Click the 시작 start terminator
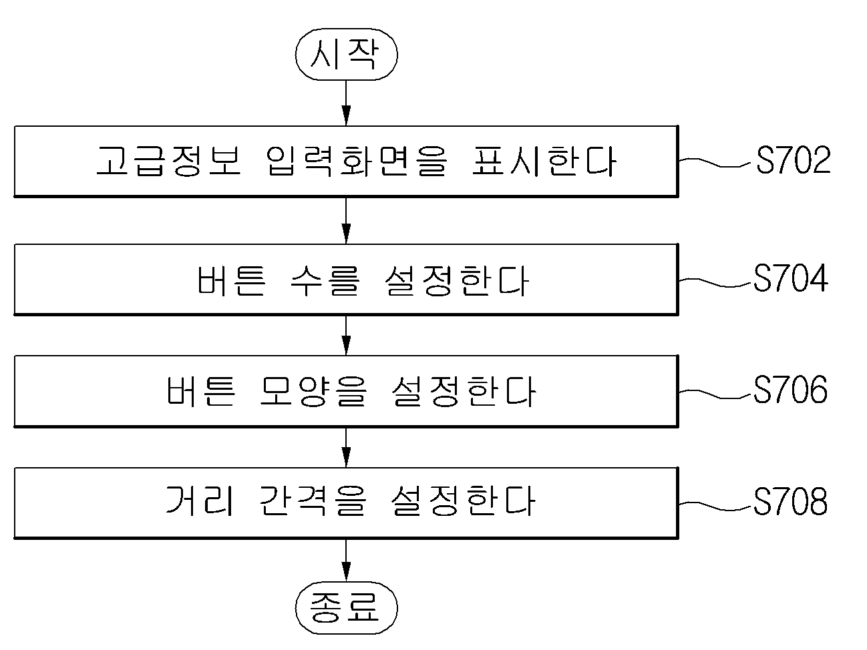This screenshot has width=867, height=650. point(346,55)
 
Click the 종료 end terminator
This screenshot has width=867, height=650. point(346,608)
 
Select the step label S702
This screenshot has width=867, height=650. point(793,160)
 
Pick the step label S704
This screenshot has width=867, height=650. point(791,278)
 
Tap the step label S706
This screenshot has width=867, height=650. point(790,390)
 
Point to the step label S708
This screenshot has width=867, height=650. point(790,501)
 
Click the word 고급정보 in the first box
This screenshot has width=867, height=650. point(169,161)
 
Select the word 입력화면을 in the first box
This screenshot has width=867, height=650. point(357,161)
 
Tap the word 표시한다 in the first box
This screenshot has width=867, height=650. point(544,161)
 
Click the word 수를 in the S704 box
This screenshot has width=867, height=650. point(325,280)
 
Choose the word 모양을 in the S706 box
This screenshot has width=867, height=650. point(314,392)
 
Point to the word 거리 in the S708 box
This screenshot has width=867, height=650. point(200,501)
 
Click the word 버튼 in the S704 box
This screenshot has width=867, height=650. point(231,280)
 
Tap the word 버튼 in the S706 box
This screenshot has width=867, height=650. point(200,392)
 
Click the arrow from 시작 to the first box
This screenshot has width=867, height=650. point(346,103)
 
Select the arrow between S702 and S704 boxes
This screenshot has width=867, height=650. point(346,221)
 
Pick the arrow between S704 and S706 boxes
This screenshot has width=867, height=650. point(346,336)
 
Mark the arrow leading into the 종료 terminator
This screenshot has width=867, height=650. point(346,561)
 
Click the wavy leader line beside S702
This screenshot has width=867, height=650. point(714,162)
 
